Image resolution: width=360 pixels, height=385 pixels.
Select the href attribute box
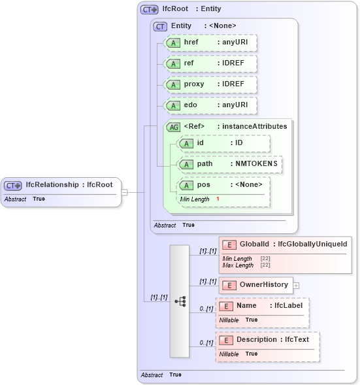pyautogui.click(x=210, y=42)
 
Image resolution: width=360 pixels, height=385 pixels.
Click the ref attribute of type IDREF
pyautogui.click(x=210, y=63)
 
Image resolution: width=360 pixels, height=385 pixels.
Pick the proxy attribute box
pyautogui.click(x=210, y=84)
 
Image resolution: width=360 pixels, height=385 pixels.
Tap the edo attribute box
pyautogui.click(x=210, y=105)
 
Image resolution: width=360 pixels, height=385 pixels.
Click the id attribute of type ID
pyautogui.click(x=223, y=143)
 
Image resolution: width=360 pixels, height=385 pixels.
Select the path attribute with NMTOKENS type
pyautogui.click(x=230, y=164)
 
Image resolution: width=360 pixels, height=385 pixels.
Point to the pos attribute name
pyautogui.click(x=203, y=185)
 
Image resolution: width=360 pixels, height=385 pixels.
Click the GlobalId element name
pyautogui.click(x=254, y=244)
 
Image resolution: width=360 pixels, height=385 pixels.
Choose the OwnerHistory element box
pyautogui.click(x=255, y=285)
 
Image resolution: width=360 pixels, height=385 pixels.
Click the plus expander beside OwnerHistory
pyautogui.click(x=296, y=285)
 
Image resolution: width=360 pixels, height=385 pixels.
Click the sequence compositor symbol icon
pyautogui.click(x=178, y=301)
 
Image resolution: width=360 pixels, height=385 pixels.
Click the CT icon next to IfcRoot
pyautogui.click(x=150, y=10)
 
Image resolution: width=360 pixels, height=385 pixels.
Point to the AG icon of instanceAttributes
pyautogui.click(x=174, y=127)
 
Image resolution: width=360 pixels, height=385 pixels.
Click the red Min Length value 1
pyautogui.click(x=217, y=198)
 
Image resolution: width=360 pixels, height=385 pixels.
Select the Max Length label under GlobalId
pyautogui.click(x=238, y=265)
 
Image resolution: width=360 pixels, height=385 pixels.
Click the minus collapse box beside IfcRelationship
pyautogui.click(x=124, y=192)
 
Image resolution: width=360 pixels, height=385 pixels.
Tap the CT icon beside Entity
pyautogui.click(x=160, y=26)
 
